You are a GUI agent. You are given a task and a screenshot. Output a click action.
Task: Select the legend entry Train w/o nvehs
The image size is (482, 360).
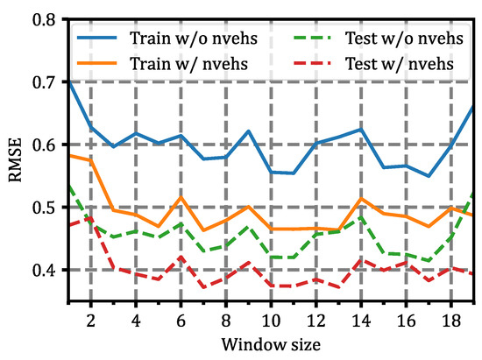pyautogui.click(x=182, y=39)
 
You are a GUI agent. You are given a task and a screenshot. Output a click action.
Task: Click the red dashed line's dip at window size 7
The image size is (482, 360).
pyautogui.click(x=203, y=287)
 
